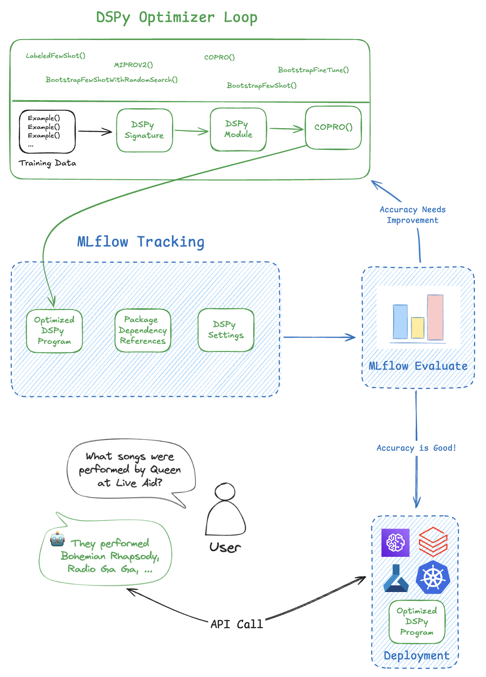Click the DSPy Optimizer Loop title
tap(176, 17)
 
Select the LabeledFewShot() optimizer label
tap(56, 56)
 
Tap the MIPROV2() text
tap(133, 65)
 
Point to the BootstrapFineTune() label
tap(313, 70)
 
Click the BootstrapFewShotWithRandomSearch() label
tap(112, 80)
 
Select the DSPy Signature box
tap(144, 130)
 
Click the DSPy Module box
tap(238, 129)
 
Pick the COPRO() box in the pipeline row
tap(333, 127)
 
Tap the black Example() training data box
tap(47, 131)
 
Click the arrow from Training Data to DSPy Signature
tap(95, 131)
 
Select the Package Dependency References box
tap(143, 330)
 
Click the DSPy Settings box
tap(226, 330)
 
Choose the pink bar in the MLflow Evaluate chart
tap(435, 317)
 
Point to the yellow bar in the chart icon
tap(417, 328)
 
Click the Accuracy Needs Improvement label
tap(412, 215)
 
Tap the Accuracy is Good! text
tap(416, 448)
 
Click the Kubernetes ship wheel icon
tap(433, 577)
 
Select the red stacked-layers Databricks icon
tap(433, 542)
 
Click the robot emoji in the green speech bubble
tap(58, 540)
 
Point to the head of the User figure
tap(225, 492)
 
